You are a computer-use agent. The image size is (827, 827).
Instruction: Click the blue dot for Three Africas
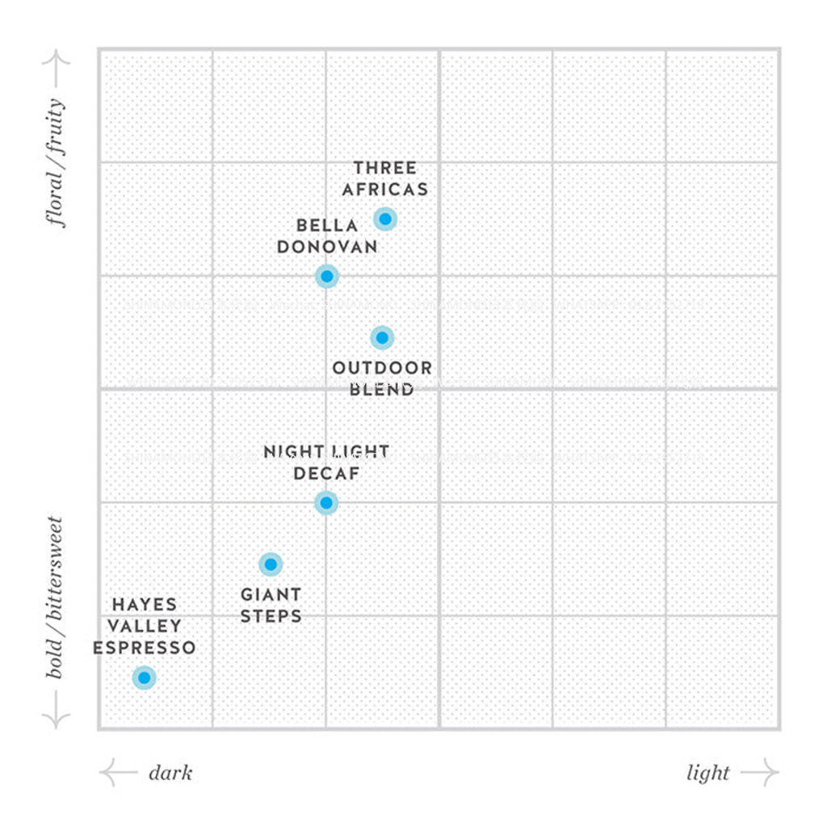(385, 219)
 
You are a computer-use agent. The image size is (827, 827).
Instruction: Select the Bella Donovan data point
(326, 276)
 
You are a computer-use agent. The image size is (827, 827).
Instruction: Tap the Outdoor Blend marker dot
(382, 337)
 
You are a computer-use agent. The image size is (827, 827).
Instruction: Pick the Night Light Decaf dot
(325, 503)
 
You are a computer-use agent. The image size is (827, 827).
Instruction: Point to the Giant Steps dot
(271, 564)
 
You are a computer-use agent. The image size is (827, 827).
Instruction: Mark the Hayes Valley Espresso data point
(144, 677)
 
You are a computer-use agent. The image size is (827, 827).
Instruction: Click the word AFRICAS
(385, 190)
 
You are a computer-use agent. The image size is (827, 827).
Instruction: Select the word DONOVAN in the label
(327, 247)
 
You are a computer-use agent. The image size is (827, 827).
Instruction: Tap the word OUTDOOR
(382, 369)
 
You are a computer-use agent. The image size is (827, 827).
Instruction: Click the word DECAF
(326, 474)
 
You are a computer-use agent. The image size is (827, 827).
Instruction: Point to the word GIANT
(271, 595)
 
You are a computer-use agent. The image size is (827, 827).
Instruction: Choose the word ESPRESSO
(144, 648)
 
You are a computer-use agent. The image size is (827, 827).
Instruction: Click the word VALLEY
(145, 627)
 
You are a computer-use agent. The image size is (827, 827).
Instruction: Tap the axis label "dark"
(170, 774)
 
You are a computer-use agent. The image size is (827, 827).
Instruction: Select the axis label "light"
(708, 774)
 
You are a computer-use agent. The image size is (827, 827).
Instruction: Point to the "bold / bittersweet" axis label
(56, 597)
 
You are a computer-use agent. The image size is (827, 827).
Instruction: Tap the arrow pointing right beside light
(760, 774)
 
